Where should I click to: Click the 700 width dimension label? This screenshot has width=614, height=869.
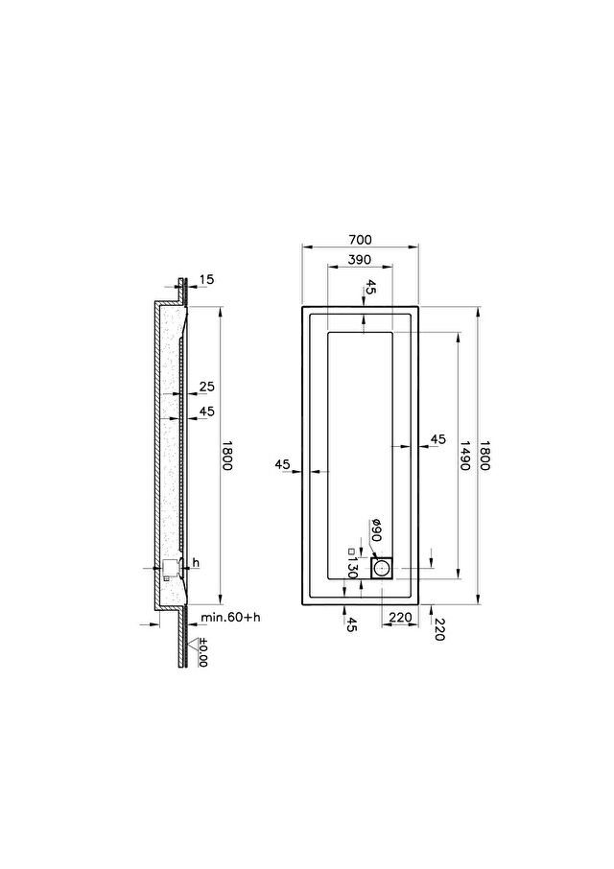(360, 240)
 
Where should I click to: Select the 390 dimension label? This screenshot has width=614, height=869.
(360, 259)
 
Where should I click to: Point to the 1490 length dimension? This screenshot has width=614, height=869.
(463, 455)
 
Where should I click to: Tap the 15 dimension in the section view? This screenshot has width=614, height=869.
(206, 279)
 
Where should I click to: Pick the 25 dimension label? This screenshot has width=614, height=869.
(206, 387)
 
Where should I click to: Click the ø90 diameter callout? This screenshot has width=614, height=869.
(376, 530)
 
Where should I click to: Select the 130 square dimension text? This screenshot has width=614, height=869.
(351, 568)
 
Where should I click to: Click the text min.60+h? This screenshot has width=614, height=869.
(230, 617)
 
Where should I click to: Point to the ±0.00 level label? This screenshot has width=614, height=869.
(202, 653)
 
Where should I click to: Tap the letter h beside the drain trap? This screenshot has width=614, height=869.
(196, 563)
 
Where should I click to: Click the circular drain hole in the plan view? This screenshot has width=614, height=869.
(381, 568)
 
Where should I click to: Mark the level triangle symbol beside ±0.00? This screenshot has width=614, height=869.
(192, 644)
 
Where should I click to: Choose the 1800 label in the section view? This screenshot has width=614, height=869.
(226, 455)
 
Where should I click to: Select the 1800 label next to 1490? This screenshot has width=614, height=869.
(484, 455)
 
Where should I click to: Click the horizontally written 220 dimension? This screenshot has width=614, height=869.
(400, 618)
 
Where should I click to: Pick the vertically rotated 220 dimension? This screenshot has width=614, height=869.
(438, 629)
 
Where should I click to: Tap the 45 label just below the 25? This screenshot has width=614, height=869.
(206, 411)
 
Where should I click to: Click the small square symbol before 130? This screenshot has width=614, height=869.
(351, 551)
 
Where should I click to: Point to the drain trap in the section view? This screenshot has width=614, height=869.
(170, 569)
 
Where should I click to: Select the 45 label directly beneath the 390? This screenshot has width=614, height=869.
(370, 287)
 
